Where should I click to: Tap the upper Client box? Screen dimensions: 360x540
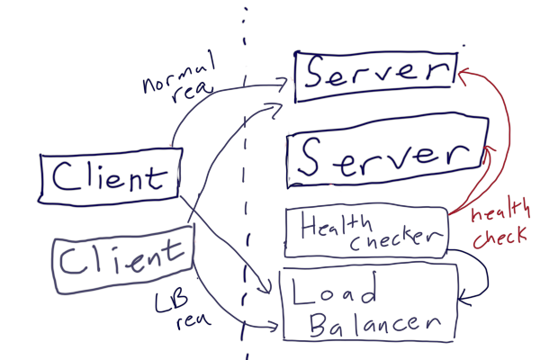pos(110,176)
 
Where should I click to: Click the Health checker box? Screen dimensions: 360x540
pos(365,231)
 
